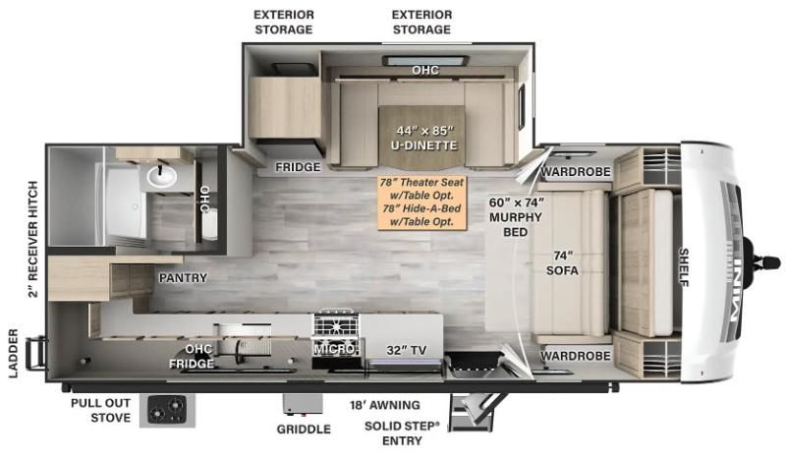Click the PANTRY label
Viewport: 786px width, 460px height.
[x=183, y=278]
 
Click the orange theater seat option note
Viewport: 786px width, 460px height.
[x=422, y=202]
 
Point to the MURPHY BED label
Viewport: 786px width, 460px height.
[x=517, y=217]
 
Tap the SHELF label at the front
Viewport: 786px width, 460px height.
[x=684, y=267]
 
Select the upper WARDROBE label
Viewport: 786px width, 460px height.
[x=575, y=172]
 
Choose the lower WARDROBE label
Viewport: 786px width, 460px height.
[x=575, y=355]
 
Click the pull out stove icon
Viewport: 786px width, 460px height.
[x=166, y=409]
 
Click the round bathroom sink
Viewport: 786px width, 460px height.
[x=161, y=177]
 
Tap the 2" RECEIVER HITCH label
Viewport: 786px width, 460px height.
[x=32, y=238]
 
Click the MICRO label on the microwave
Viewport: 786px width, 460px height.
[x=334, y=348]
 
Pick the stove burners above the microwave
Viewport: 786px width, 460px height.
[x=337, y=324]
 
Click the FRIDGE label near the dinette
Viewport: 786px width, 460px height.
[x=297, y=167]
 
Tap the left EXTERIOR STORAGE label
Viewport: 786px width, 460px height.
[x=283, y=22]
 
